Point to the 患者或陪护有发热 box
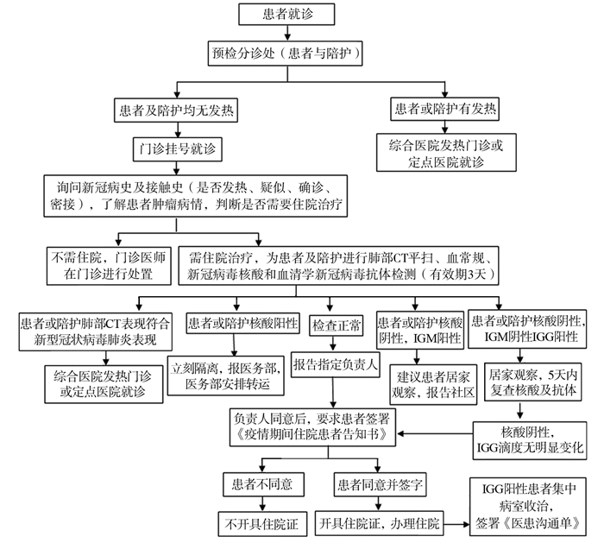pyautogui.click(x=445, y=110)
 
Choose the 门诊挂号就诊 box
pyautogui.click(x=177, y=148)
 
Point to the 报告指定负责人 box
pyautogui.click(x=336, y=363)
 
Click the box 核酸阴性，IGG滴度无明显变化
pyautogui.click(x=532, y=439)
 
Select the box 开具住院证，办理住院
pyautogui.click(x=378, y=521)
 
